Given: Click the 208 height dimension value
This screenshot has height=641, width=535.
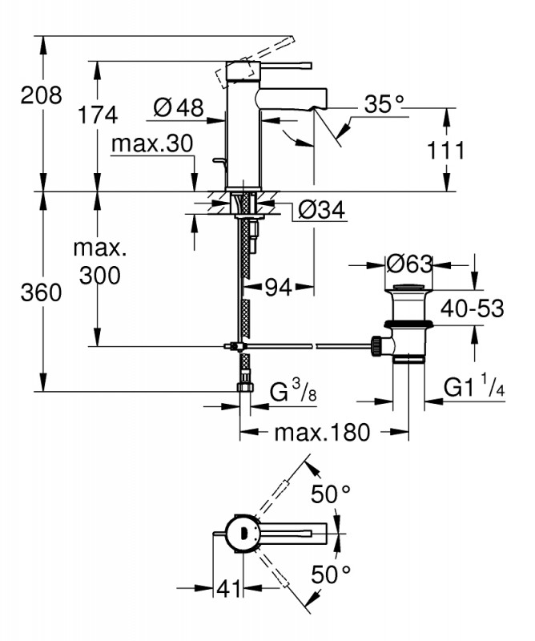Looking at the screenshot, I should coord(42,95).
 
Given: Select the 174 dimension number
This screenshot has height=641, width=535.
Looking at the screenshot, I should coord(99,115).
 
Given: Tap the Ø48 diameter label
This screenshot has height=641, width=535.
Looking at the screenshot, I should coord(178,107).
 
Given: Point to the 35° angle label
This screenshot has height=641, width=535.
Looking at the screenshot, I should coord(384,104).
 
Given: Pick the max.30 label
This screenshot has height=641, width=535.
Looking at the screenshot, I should coord(153,144).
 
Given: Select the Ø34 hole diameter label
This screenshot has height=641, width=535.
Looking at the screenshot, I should coord(320,210).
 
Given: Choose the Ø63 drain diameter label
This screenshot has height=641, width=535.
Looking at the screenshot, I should coord(408,264).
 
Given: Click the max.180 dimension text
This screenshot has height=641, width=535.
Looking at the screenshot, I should coord(323,433).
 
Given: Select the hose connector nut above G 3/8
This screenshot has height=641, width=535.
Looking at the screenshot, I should coord(246,388).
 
